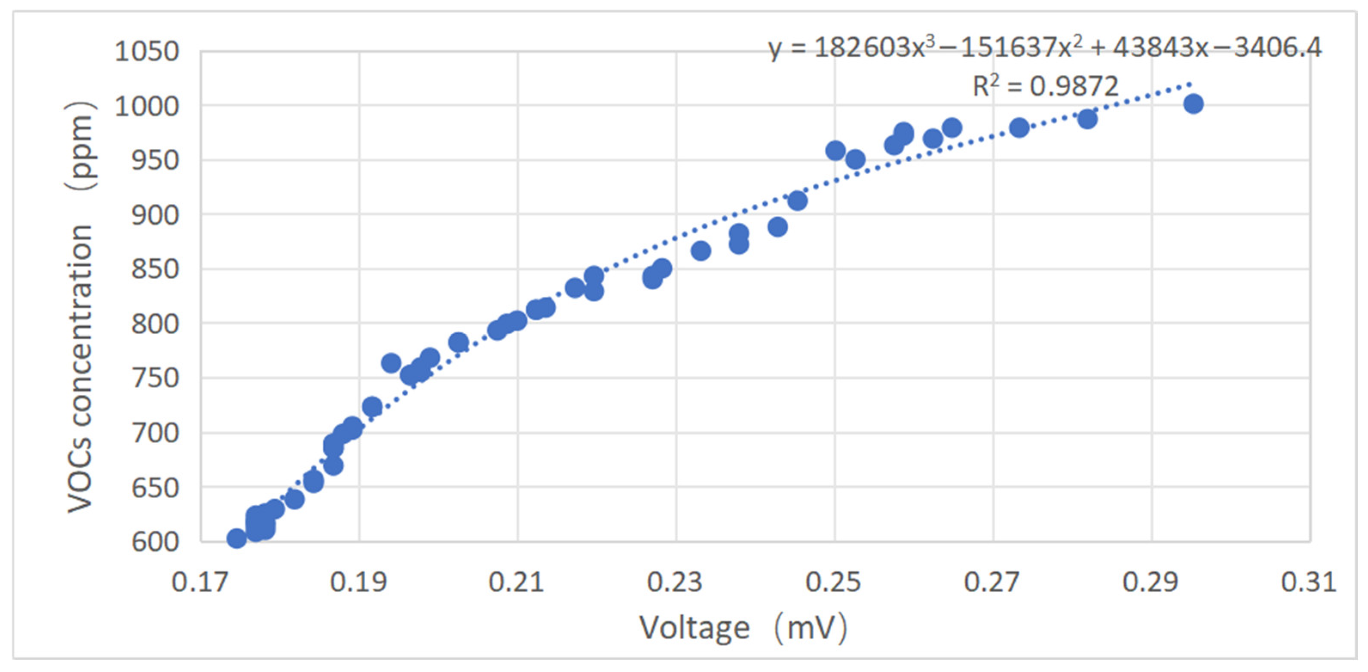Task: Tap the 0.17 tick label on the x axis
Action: click(x=200, y=583)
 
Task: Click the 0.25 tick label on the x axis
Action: click(x=833, y=583)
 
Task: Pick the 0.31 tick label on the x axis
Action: click(x=1308, y=583)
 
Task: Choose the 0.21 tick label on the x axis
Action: click(x=516, y=583)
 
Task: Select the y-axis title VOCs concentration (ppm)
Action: click(x=81, y=308)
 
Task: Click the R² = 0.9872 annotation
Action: click(x=1045, y=86)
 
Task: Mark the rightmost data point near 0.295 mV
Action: click(x=1193, y=104)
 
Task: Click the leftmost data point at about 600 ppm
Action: click(x=236, y=539)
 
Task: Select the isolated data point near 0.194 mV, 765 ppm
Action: click(x=391, y=363)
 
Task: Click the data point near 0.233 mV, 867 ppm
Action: click(x=701, y=251)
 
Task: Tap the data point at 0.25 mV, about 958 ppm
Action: click(x=835, y=151)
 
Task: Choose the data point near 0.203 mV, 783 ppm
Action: click(x=458, y=343)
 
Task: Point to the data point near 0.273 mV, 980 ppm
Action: click(x=1019, y=128)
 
